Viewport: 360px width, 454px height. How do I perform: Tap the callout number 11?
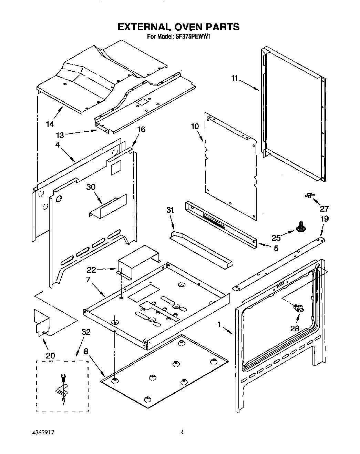coord(234,78)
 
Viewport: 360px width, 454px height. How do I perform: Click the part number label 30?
coord(91,187)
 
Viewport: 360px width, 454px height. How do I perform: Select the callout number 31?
coord(171,210)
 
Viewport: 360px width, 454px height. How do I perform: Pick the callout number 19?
coord(324,219)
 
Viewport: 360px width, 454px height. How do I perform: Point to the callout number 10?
coord(195,127)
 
